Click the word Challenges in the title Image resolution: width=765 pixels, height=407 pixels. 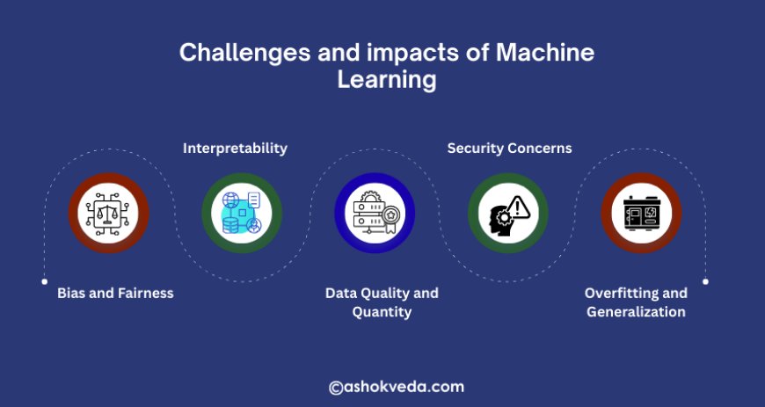244,52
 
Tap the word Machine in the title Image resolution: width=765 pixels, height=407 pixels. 545,52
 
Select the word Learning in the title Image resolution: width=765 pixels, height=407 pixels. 386,80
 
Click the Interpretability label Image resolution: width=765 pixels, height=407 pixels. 235,148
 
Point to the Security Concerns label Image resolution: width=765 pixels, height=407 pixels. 509,148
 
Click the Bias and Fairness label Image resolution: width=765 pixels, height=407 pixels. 115,293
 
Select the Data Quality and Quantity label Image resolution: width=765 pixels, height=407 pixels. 382,302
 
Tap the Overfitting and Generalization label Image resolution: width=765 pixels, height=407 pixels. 637,302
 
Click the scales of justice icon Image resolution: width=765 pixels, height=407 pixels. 108,213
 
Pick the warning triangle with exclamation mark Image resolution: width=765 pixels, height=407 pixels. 518,207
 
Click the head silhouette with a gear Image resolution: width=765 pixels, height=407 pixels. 499,221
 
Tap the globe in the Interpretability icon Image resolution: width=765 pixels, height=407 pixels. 230,200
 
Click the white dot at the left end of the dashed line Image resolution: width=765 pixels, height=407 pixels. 44,281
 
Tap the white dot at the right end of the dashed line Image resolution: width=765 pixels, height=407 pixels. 705,281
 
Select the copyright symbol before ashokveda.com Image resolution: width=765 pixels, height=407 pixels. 336,388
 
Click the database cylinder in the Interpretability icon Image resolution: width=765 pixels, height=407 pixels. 230,224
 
